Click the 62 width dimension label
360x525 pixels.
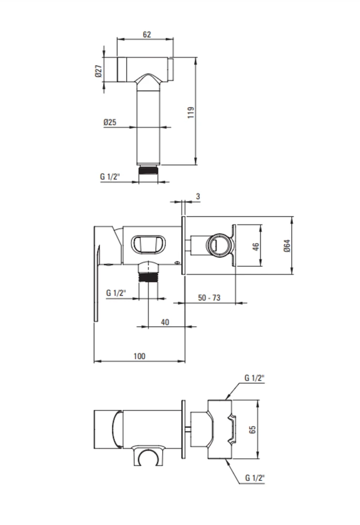point(146,35)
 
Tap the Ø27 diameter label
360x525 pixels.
point(98,71)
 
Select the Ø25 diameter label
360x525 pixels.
point(110,122)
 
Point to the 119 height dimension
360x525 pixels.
point(190,112)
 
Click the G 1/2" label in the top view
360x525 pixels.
point(110,176)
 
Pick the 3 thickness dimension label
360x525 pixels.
point(198,196)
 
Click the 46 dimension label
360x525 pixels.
point(256,247)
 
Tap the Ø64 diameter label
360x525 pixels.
point(287,246)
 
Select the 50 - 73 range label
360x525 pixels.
point(209,298)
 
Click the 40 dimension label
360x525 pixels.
point(165,322)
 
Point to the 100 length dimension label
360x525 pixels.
point(140,356)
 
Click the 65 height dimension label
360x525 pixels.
point(252,429)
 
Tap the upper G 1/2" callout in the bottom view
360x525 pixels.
point(255,378)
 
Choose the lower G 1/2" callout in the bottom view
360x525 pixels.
point(255,478)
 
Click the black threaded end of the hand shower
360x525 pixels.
point(148,170)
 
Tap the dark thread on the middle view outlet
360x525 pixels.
point(148,278)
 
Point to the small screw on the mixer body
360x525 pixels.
point(177,263)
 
